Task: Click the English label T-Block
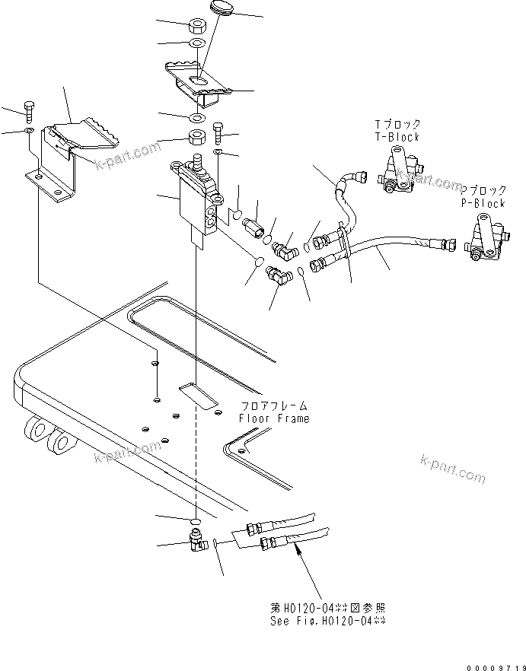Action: (397, 137)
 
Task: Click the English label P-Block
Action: (483, 203)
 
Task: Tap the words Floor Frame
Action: (274, 418)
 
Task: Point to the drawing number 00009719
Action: (493, 666)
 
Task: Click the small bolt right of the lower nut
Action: (218, 135)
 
